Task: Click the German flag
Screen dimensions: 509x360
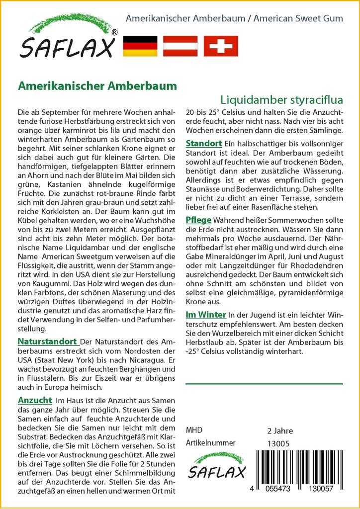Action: pyautogui.click(x=140, y=46)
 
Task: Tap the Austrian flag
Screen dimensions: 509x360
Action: pyautogui.click(x=180, y=46)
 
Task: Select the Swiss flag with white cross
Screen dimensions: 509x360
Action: pyautogui.click(x=221, y=46)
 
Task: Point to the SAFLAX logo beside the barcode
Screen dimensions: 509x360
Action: pyautogui.click(x=216, y=467)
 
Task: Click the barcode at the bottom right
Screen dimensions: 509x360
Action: pyautogui.click(x=296, y=473)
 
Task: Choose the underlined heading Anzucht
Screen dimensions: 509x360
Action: pyautogui.click(x=35, y=400)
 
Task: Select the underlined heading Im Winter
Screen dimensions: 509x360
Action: pyautogui.click(x=206, y=315)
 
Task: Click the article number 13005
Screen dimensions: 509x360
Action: pyautogui.click(x=278, y=443)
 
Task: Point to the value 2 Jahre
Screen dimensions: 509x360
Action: pyautogui.click(x=280, y=430)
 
